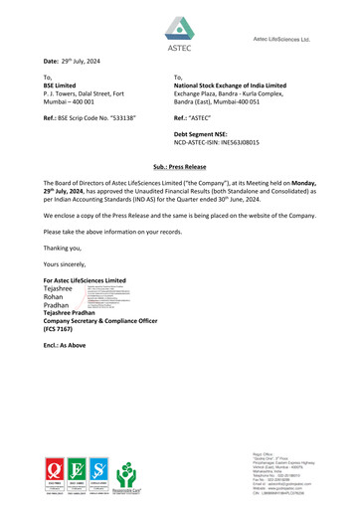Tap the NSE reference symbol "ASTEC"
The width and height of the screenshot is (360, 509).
pos(207,117)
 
